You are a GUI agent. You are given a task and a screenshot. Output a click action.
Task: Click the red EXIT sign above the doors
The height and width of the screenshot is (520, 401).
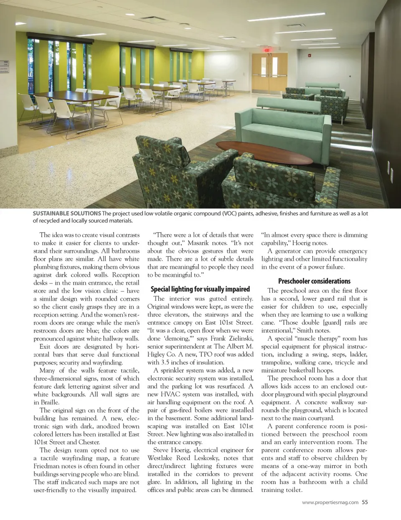(266, 50)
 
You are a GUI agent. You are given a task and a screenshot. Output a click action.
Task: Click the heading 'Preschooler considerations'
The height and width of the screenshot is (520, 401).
(314, 281)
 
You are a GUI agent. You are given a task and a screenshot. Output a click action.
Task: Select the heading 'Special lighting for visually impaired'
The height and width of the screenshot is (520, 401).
(200, 289)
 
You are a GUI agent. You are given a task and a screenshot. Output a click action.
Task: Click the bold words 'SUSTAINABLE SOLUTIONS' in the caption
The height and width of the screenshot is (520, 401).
(67, 213)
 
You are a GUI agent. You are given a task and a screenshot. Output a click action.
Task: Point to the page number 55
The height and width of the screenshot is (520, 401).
(365, 502)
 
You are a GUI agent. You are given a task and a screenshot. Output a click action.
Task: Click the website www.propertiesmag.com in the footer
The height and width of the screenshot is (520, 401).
(330, 502)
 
